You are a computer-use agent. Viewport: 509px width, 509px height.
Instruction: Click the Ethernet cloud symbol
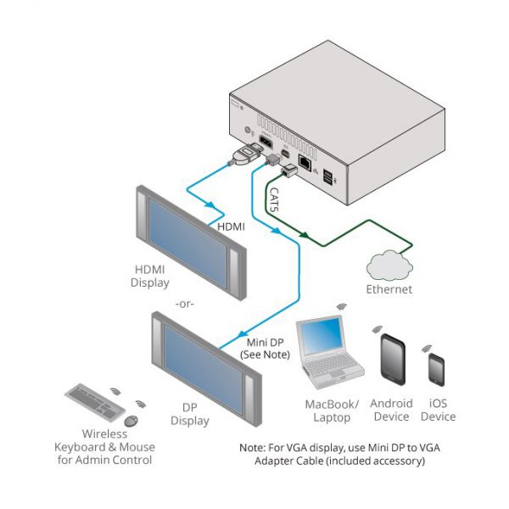click(x=389, y=266)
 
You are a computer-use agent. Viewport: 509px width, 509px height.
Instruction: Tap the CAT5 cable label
click(x=274, y=199)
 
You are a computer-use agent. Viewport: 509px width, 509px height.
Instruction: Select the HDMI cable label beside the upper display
click(x=231, y=227)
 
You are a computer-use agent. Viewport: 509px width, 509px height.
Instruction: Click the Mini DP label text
click(x=265, y=343)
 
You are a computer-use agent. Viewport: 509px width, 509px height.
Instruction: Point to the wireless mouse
click(x=131, y=421)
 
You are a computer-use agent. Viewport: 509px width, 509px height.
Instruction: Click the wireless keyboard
click(x=95, y=402)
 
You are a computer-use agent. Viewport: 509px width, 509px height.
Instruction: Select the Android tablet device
click(x=393, y=360)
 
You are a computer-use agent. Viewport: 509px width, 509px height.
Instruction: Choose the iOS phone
click(x=436, y=370)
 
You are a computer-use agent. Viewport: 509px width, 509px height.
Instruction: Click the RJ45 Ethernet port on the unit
click(x=305, y=162)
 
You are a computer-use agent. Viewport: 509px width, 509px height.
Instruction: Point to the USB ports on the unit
click(x=327, y=177)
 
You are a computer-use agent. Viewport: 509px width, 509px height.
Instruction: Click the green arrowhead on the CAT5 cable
click(x=304, y=234)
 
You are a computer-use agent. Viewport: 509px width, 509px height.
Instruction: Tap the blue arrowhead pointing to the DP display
click(x=242, y=334)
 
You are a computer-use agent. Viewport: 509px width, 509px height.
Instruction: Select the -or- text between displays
click(x=184, y=305)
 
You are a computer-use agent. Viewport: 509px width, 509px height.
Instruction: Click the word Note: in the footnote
click(x=253, y=448)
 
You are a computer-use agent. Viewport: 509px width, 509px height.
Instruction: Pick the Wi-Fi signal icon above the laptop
click(x=341, y=306)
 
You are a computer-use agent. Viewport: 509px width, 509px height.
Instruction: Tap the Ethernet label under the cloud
click(x=389, y=289)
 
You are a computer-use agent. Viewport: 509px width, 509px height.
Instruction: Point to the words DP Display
click(x=190, y=414)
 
